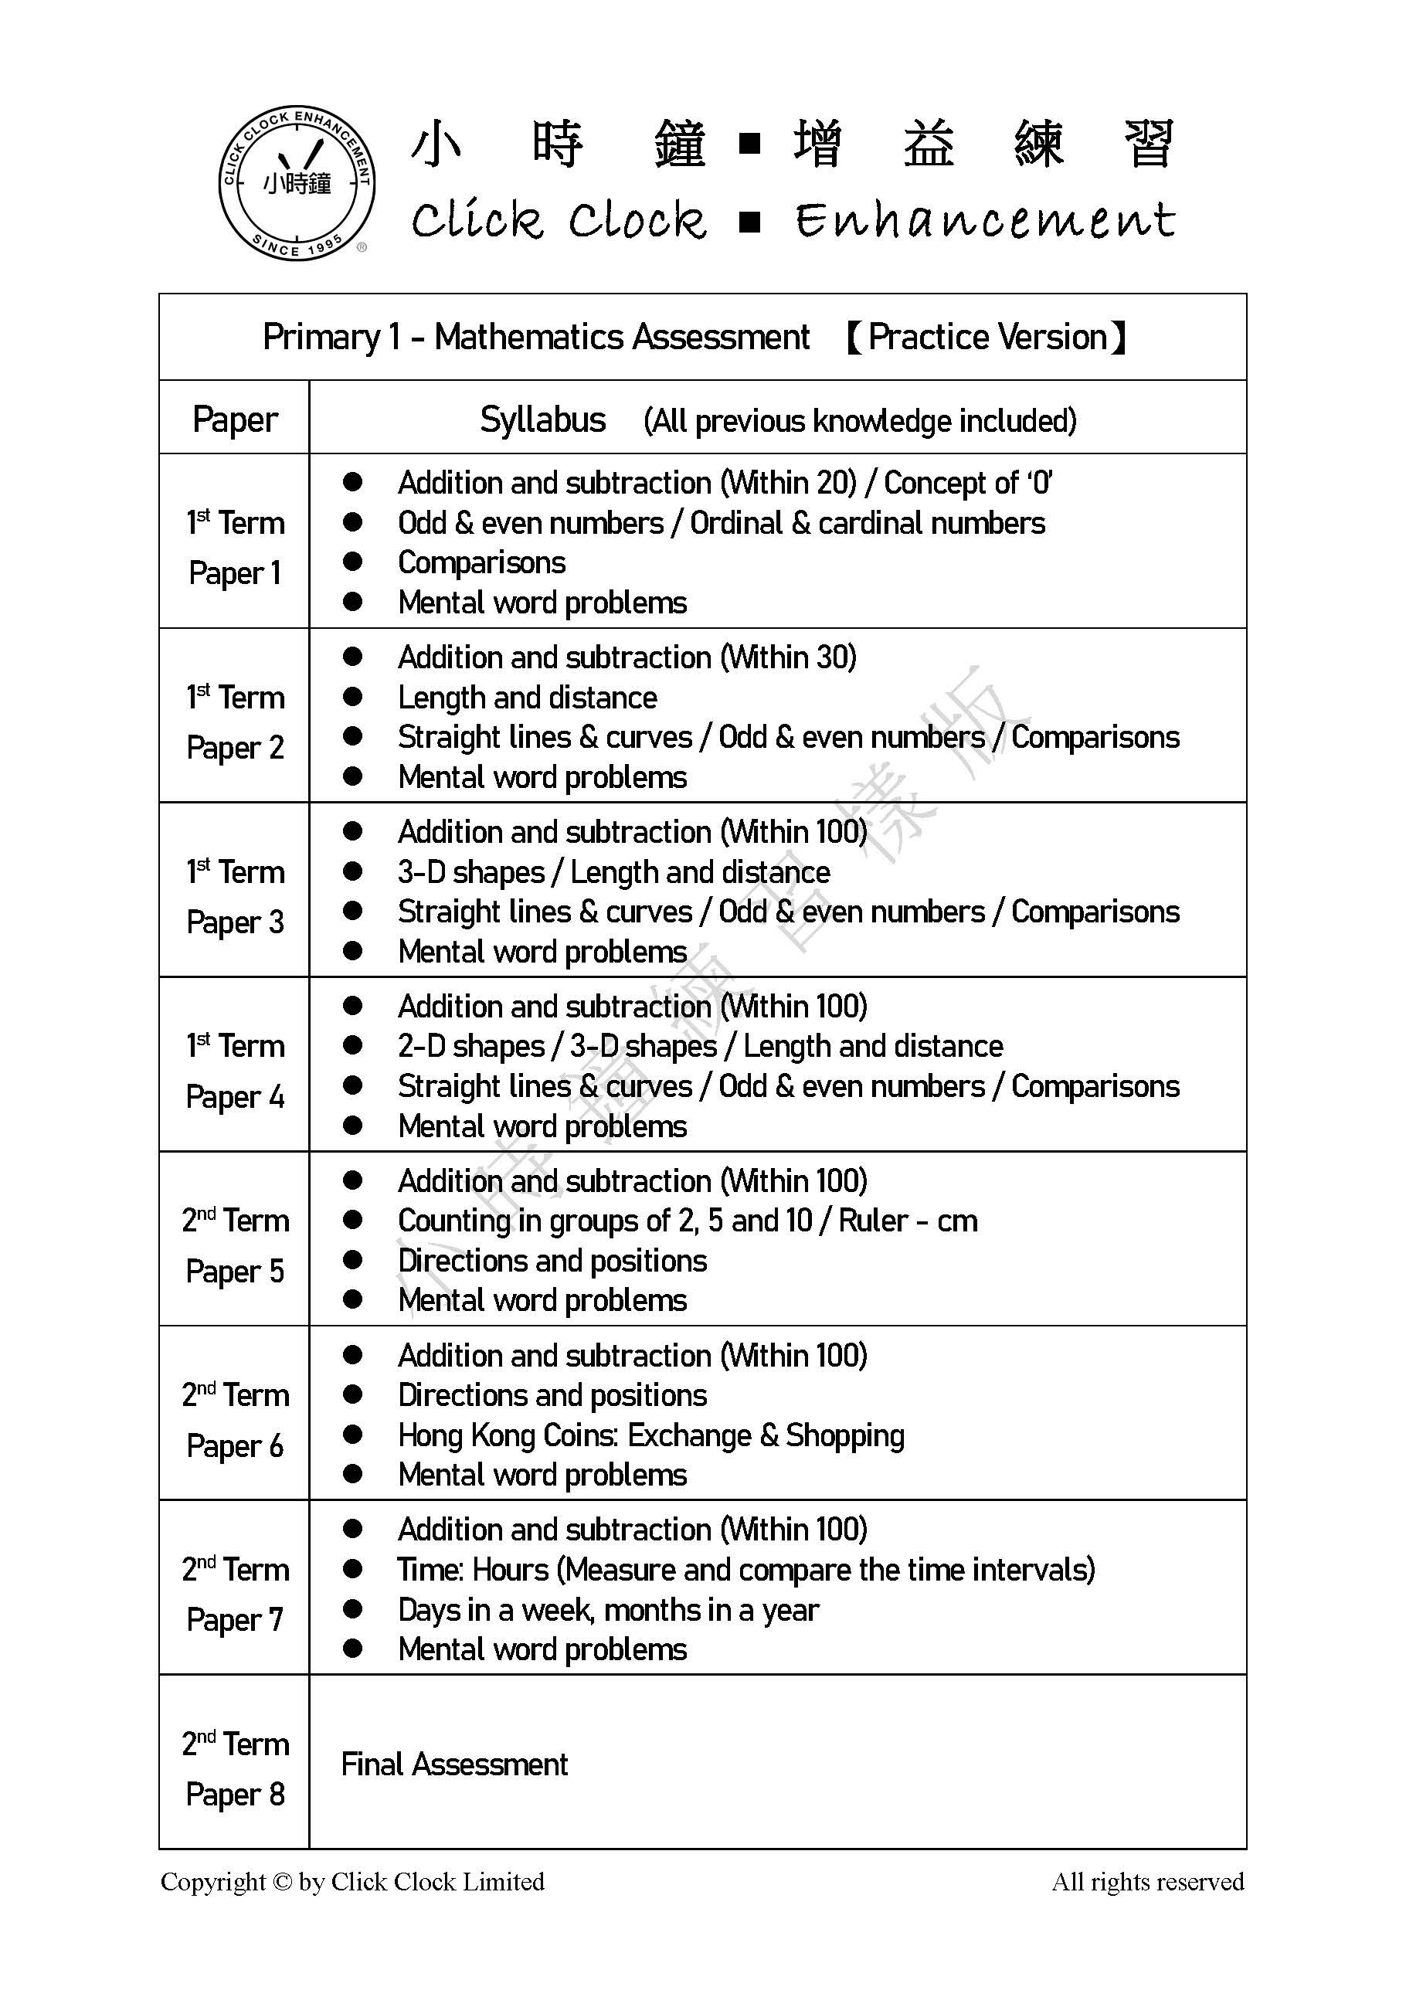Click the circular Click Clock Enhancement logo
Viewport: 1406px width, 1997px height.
[297, 182]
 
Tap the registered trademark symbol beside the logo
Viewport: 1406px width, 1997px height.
[362, 247]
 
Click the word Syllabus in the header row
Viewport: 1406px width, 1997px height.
[542, 420]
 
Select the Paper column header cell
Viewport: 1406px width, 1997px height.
[235, 419]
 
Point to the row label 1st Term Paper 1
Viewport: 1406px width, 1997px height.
[235, 548]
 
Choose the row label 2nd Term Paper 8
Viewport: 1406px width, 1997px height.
[235, 1769]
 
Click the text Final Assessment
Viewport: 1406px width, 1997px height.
[454, 1764]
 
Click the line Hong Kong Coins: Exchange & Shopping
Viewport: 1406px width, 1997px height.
[650, 1435]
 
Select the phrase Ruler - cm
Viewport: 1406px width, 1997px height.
[908, 1221]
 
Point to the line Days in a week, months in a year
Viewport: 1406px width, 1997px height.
[608, 1610]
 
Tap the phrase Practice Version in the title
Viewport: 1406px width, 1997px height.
[987, 337]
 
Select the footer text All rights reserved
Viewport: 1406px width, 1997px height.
[1148, 1882]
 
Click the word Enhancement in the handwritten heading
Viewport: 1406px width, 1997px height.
[984, 219]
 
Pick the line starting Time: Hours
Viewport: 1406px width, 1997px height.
[746, 1570]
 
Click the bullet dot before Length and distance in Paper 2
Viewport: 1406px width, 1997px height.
[352, 698]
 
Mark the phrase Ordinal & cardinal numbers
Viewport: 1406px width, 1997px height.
[867, 523]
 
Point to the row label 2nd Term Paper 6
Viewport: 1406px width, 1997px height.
[235, 1421]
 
